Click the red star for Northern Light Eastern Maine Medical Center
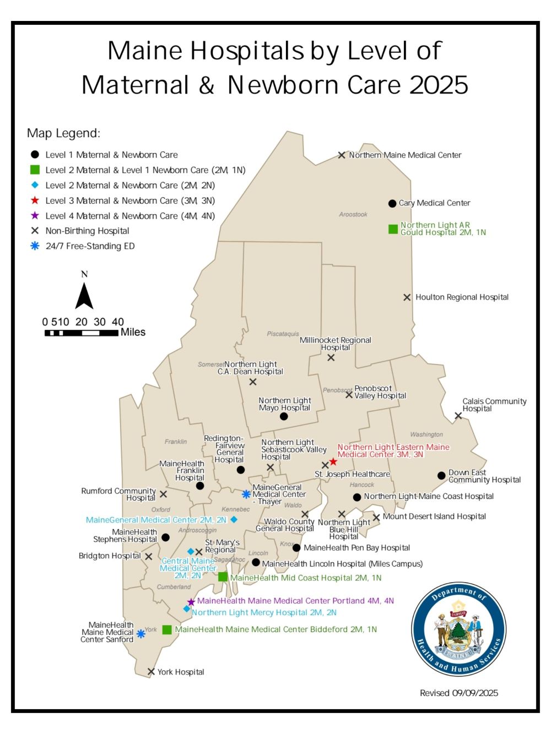point(333,461)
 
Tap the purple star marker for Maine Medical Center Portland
point(191,602)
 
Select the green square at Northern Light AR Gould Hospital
point(393,229)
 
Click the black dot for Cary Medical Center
point(392,203)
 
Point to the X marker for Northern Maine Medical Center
point(342,155)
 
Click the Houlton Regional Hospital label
point(462,297)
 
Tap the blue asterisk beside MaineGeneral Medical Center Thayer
point(246,494)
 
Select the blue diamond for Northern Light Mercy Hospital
point(187,609)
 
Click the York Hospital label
point(181,672)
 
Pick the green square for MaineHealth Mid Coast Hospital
point(223,577)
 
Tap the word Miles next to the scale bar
point(133,332)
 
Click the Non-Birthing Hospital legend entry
point(87,231)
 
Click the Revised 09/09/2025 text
point(458,693)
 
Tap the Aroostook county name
point(353,214)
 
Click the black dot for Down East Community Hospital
point(441,475)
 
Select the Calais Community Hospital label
point(494,405)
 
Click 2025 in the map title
point(439,85)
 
